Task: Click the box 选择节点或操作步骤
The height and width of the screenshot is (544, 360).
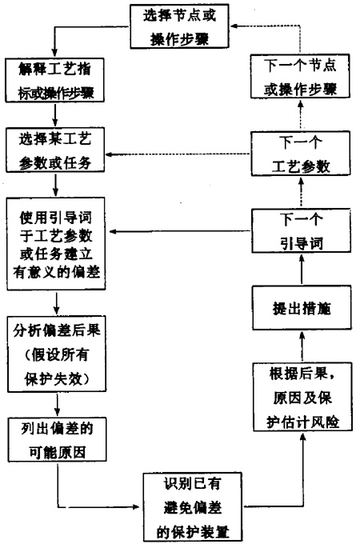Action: [x=179, y=26]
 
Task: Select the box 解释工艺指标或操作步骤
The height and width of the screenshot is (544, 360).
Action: [x=54, y=80]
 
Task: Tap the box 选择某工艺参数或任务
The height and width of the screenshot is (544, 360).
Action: [x=55, y=150]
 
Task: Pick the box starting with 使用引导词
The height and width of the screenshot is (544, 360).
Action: [x=56, y=243]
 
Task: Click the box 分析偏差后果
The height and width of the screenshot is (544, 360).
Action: [x=57, y=354]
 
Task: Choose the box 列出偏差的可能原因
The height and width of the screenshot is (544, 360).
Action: [x=58, y=439]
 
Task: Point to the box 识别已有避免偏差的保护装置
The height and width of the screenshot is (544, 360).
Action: [x=193, y=507]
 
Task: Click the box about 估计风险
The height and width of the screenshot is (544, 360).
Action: [x=302, y=397]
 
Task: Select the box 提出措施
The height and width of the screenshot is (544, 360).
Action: [x=302, y=308]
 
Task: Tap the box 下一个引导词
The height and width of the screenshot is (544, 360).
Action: [x=301, y=230]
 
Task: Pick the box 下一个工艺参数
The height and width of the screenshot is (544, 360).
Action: [x=301, y=154]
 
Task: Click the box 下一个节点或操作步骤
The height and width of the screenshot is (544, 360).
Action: [x=300, y=76]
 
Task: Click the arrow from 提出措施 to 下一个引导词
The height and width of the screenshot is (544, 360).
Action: [x=302, y=270]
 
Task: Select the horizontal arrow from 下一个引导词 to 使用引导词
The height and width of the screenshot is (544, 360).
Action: [x=180, y=231]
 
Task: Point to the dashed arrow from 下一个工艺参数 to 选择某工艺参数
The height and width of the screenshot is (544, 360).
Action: [x=178, y=154]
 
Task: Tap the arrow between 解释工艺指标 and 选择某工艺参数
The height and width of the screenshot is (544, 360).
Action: [x=55, y=115]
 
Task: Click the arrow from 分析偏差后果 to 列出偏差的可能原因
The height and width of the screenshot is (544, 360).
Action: [x=58, y=405]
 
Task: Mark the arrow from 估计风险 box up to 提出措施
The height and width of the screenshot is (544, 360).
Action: [x=302, y=346]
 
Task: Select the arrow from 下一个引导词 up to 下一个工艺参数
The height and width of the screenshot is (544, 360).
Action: [x=301, y=192]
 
